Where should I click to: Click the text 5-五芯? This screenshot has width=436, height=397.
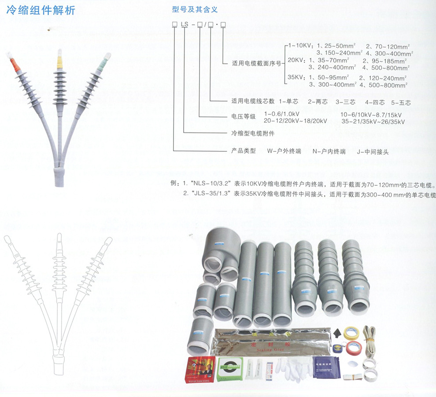pos(401,102)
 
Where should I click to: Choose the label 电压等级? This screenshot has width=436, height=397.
pos(244,118)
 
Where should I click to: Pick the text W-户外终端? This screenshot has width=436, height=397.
pos(284,151)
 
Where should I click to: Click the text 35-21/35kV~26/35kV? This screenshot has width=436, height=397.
pos(373,121)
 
